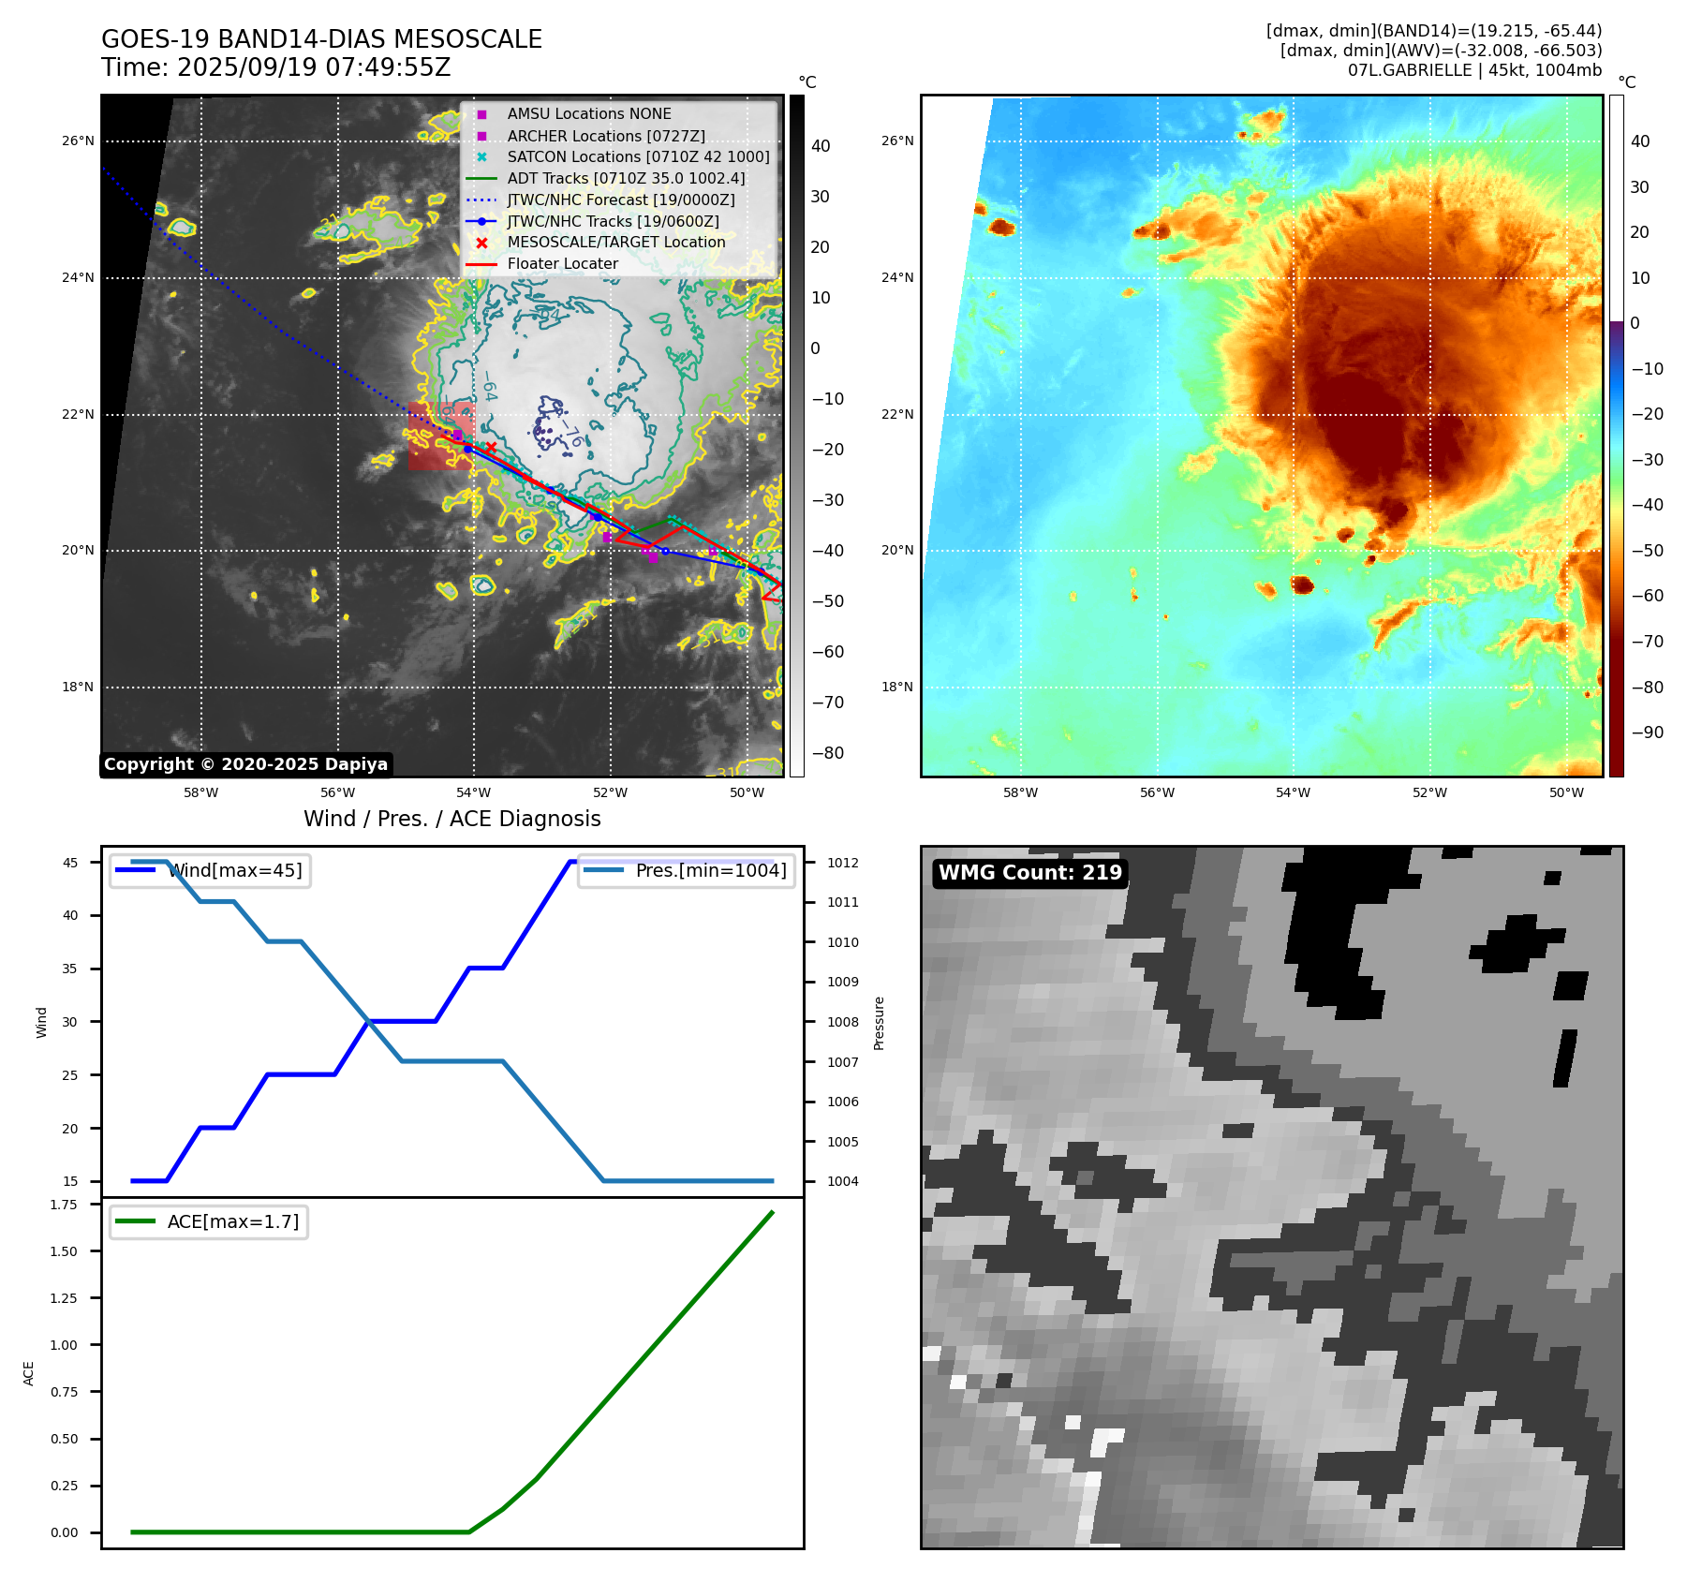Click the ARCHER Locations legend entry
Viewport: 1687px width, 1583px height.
(606, 136)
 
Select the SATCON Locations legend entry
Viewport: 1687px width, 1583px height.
(638, 157)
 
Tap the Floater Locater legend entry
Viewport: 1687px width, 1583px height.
(562, 264)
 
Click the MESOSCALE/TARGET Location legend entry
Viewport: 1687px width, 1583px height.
(615, 243)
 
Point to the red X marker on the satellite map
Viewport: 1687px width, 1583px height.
(491, 448)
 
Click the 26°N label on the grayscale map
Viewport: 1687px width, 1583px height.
(79, 141)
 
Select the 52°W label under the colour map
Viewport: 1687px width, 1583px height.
(1429, 792)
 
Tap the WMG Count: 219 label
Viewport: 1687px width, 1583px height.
(1029, 873)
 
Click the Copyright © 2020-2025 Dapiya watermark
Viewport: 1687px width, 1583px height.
(245, 764)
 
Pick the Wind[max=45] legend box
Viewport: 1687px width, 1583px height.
(210, 871)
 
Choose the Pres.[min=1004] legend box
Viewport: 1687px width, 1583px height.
(687, 871)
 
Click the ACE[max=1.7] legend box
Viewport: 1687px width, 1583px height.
(209, 1222)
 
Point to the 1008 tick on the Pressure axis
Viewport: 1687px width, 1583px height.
(842, 1022)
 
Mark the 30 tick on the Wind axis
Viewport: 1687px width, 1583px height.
(70, 1022)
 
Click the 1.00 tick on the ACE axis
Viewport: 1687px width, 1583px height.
(65, 1345)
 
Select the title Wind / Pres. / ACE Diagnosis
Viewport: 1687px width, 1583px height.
(451, 819)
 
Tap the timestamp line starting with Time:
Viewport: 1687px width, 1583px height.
(276, 67)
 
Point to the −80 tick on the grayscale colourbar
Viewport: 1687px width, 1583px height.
(827, 753)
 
